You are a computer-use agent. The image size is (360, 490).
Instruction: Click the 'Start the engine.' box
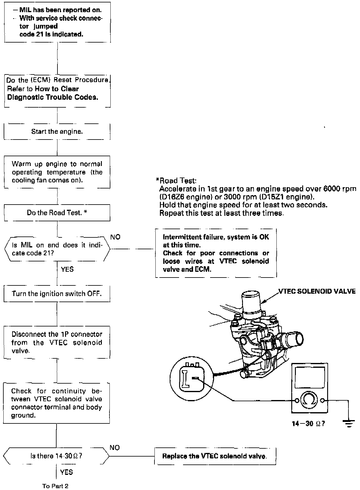tap(57, 132)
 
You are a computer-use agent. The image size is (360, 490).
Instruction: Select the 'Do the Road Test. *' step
tap(57, 213)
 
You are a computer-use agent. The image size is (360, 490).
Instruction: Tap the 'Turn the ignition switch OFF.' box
tap(57, 294)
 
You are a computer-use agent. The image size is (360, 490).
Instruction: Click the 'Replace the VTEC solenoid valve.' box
tap(215, 456)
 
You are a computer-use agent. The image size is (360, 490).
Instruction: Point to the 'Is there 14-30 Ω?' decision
tap(56, 456)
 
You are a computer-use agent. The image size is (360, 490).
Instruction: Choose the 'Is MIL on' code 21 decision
tap(57, 249)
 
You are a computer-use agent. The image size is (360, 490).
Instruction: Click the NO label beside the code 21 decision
tap(115, 237)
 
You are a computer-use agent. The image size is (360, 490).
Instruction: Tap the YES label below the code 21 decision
tap(67, 269)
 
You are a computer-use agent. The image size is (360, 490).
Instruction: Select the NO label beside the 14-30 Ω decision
tap(115, 448)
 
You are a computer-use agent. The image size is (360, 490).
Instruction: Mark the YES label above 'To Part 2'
tap(66, 472)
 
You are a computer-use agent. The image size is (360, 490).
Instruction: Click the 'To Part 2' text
tap(55, 486)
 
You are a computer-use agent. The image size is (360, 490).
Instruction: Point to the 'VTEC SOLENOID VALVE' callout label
tap(317, 291)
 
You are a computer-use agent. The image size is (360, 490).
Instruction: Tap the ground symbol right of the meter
tap(348, 423)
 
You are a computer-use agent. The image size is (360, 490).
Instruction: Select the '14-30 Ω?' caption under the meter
tap(308, 424)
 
